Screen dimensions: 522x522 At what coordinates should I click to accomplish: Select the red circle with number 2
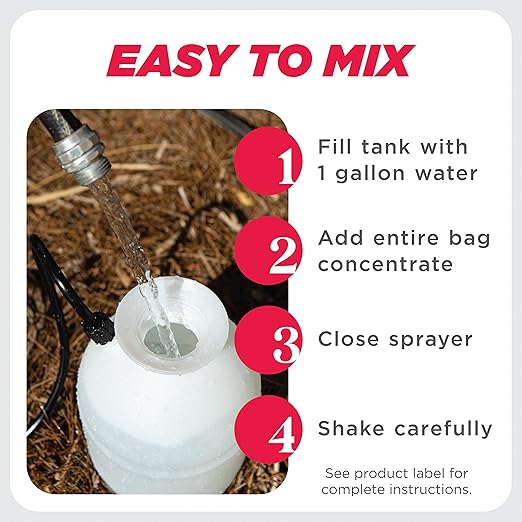tap(269, 250)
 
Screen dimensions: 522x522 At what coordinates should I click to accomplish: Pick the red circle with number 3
tap(269, 341)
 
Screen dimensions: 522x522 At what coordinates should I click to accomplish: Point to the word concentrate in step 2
tap(385, 264)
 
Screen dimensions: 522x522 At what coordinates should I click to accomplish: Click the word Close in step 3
tap(347, 339)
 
